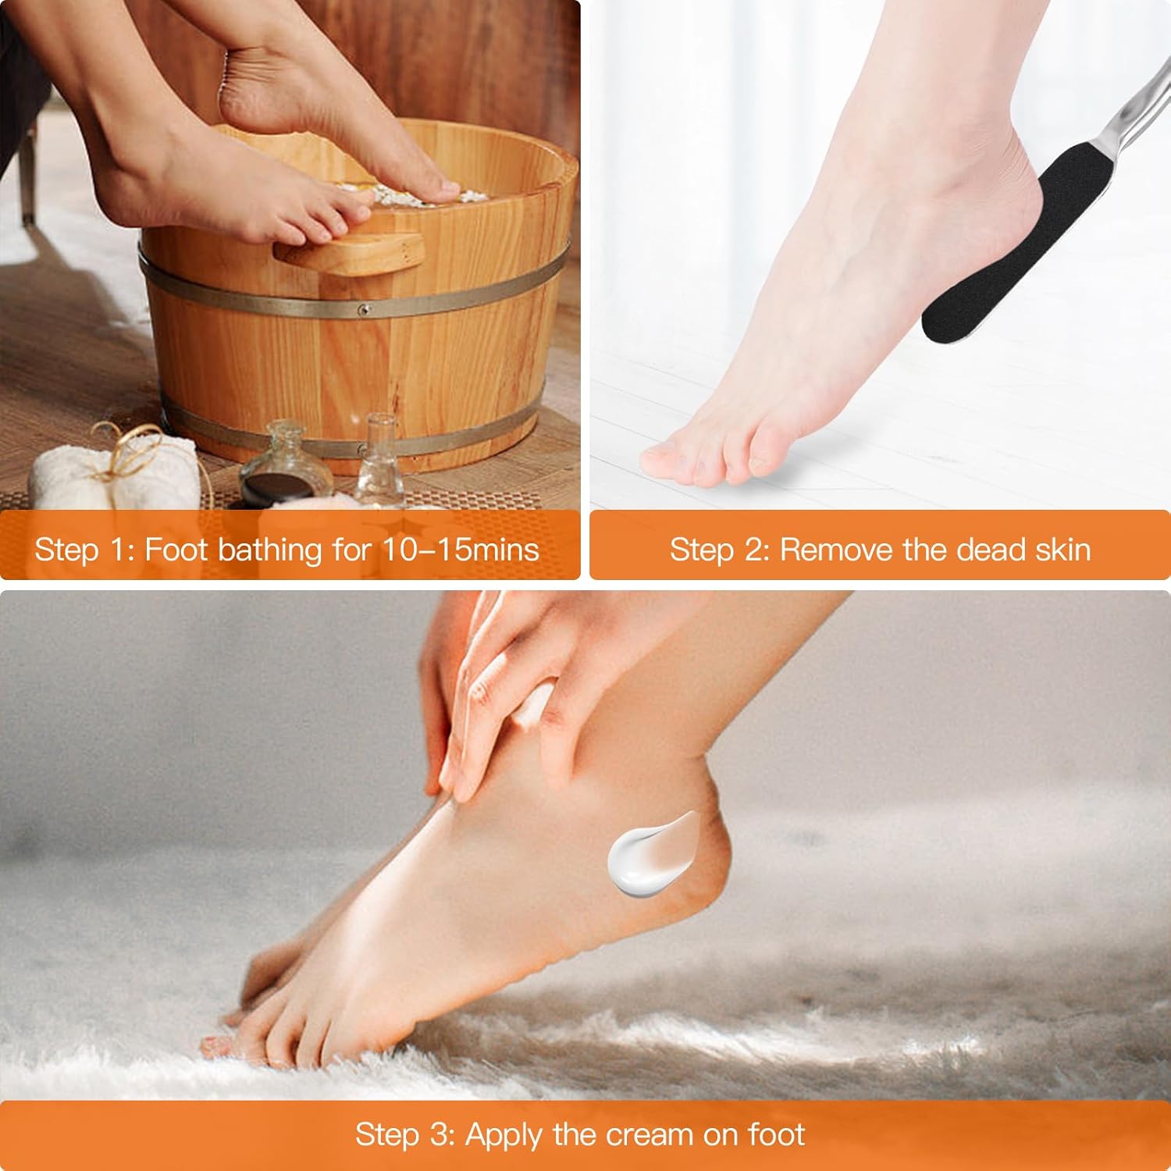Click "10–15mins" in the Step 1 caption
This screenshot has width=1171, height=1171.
click(461, 550)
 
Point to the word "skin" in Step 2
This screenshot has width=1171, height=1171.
click(1063, 550)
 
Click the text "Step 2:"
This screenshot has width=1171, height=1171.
click(720, 550)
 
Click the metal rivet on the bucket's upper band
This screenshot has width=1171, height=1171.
click(361, 311)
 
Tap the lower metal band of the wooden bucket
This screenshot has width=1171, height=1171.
click(343, 437)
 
